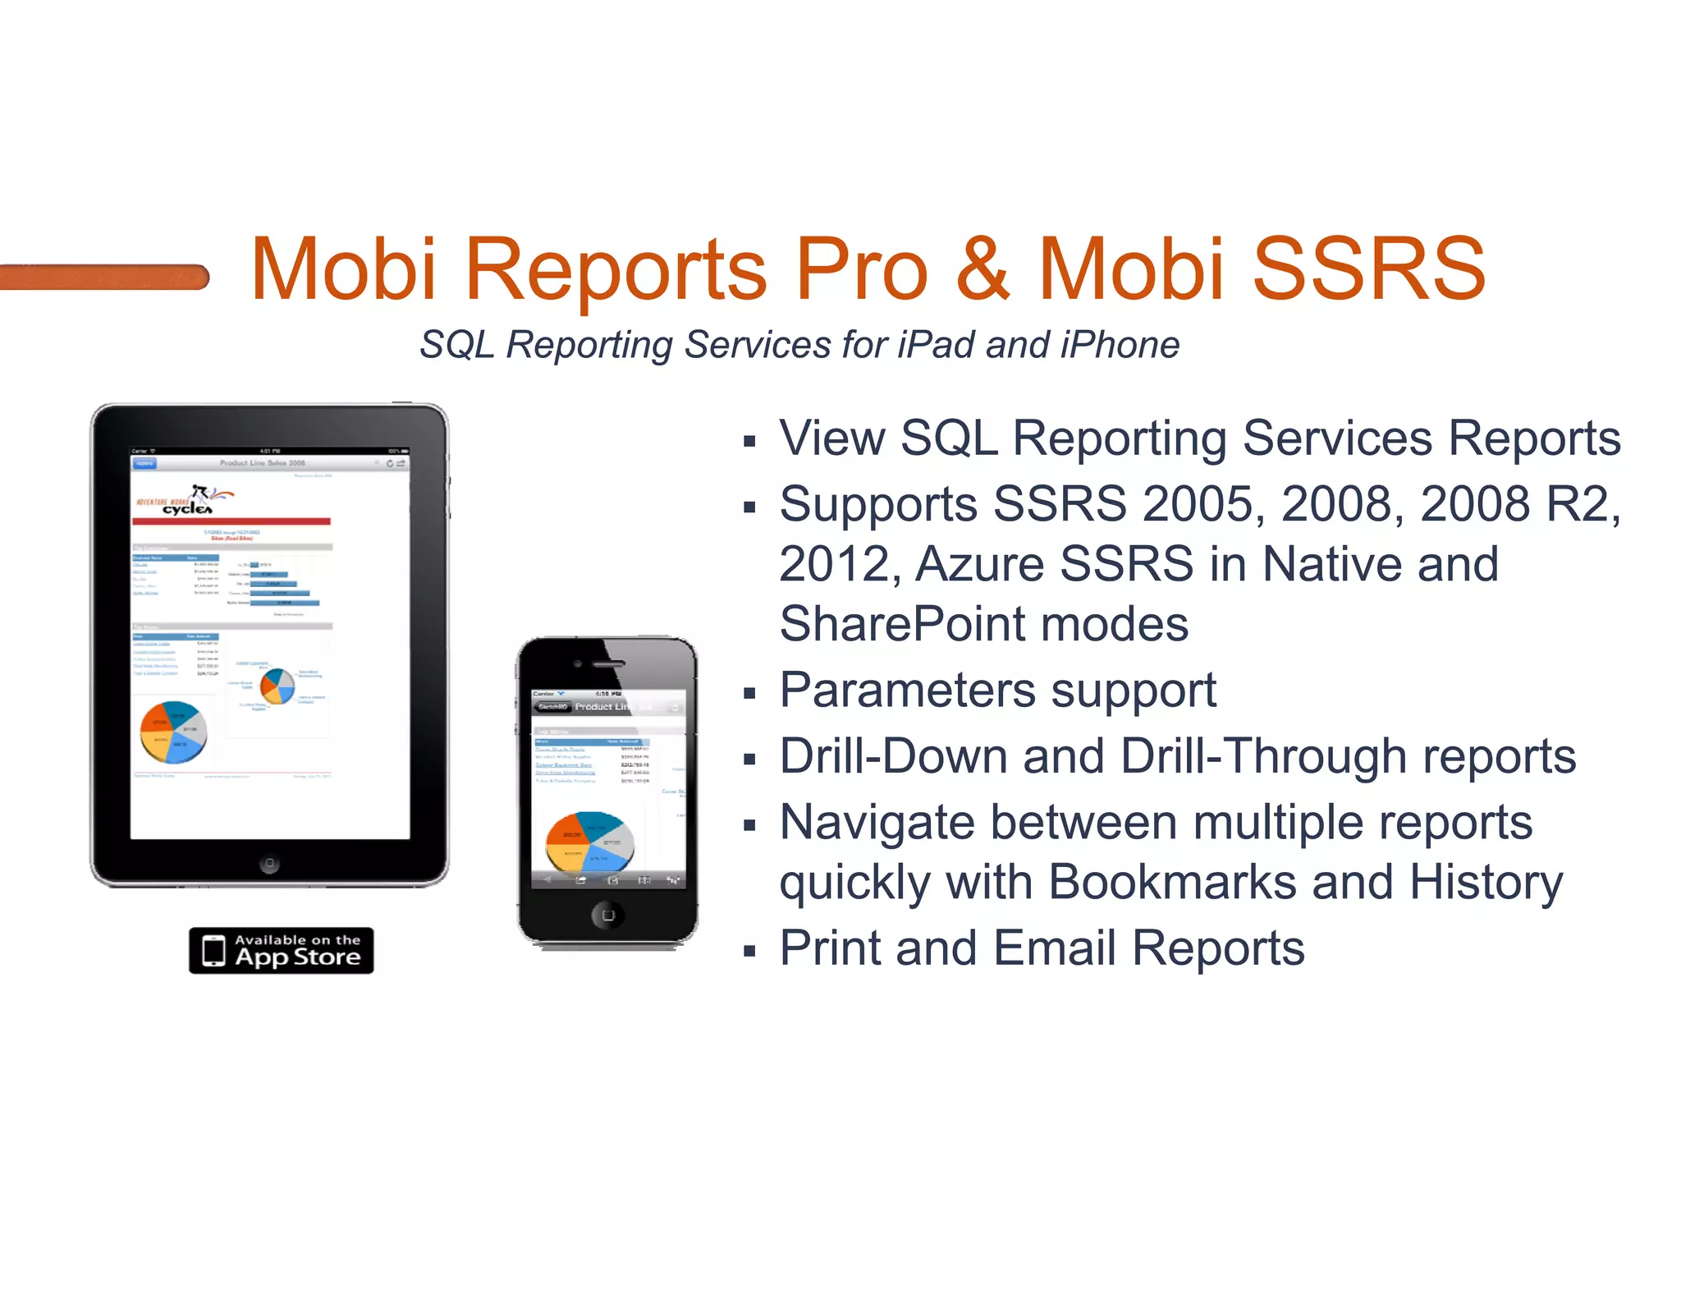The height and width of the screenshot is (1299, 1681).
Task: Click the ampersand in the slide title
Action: point(982,269)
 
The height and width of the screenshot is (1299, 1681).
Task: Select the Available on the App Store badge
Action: point(281,950)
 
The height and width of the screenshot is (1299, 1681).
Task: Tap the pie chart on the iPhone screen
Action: point(589,841)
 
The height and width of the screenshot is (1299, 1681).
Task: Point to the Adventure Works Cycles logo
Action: point(186,500)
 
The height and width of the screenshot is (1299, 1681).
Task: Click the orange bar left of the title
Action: point(104,277)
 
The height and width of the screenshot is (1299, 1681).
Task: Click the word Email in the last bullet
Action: point(1054,948)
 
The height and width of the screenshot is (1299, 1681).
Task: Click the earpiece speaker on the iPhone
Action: point(608,663)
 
